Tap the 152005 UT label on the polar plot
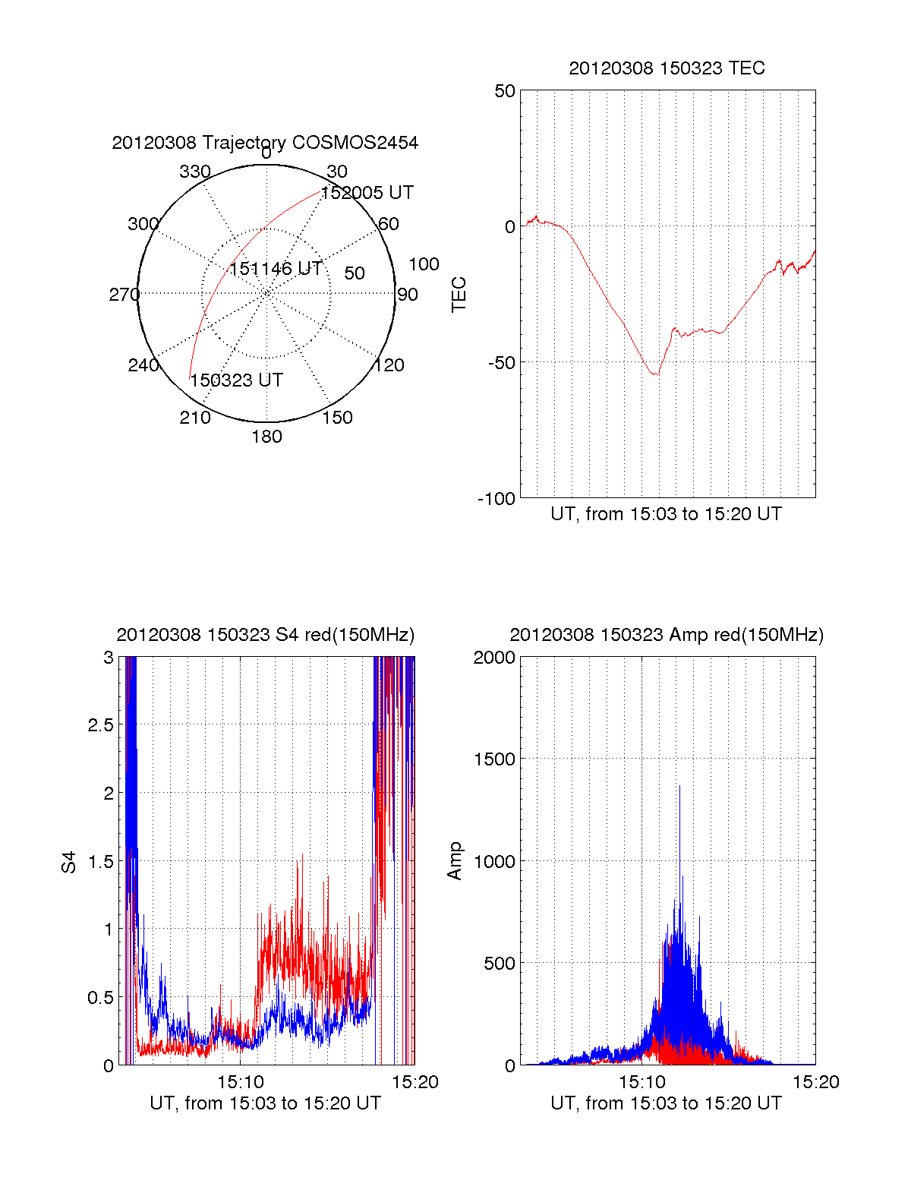click(367, 193)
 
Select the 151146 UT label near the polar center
click(276, 269)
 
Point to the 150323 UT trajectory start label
click(237, 380)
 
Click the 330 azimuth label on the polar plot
click(195, 172)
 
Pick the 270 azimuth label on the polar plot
click(125, 295)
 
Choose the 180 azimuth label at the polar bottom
click(266, 437)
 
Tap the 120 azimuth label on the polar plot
click(389, 365)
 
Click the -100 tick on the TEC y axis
click(496, 499)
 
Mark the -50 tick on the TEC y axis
click(501, 362)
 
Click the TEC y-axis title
click(459, 295)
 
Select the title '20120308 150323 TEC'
click(667, 68)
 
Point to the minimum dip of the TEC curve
click(656, 374)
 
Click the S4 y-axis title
click(69, 863)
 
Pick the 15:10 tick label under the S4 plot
click(241, 1082)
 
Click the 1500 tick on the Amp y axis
click(494, 759)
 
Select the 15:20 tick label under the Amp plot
click(816, 1082)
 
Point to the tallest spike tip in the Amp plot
click(679, 786)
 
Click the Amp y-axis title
click(455, 861)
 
